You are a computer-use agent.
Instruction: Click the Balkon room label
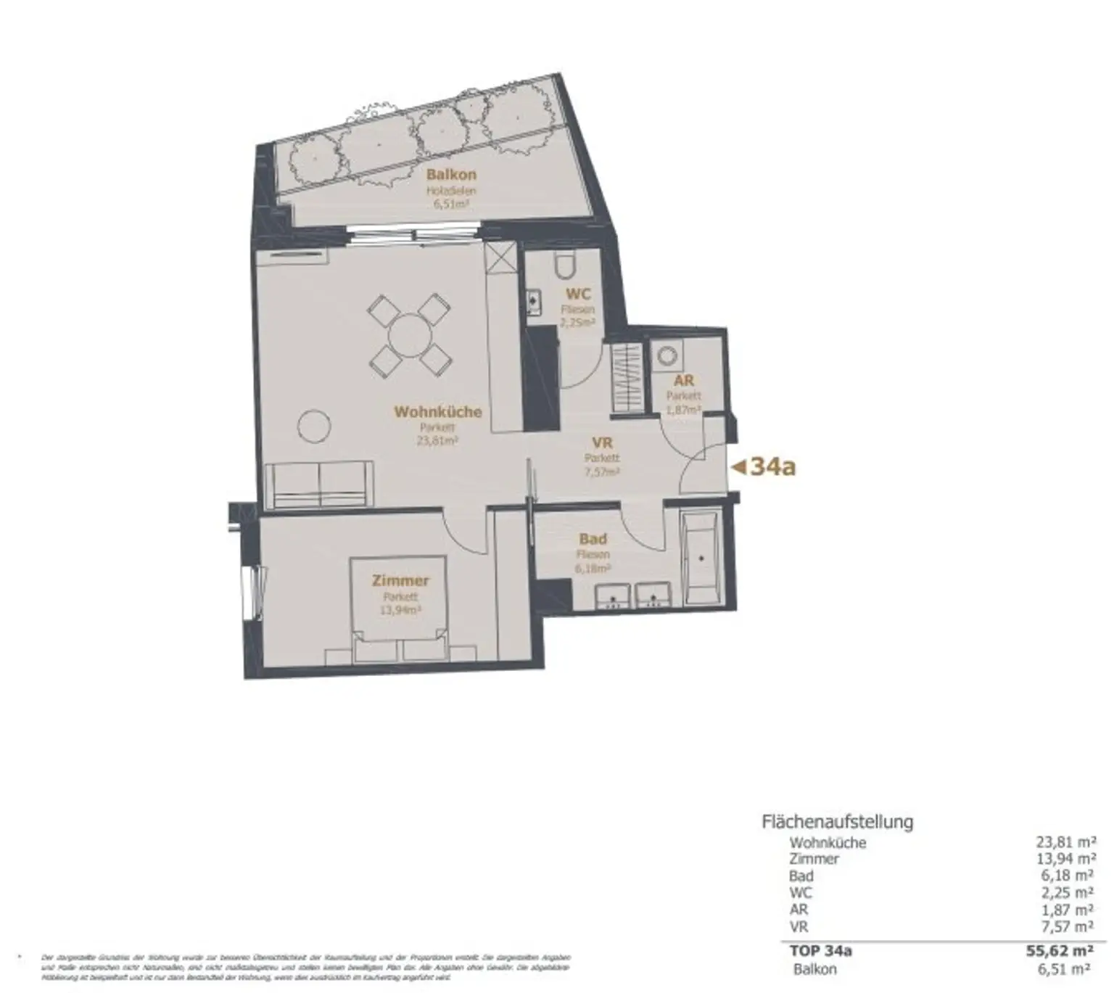pos(451,175)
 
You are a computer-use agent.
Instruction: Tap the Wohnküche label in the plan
pos(437,412)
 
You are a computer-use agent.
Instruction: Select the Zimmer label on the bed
pos(400,581)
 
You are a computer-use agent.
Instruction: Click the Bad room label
pos(593,539)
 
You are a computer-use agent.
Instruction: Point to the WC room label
pos(578,294)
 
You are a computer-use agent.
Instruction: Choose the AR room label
pos(683,381)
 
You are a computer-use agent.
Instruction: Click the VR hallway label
pos(602,443)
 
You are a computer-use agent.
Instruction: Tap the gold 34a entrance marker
pos(764,467)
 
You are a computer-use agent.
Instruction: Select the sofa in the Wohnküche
pos(319,485)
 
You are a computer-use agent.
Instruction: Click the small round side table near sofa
pos(315,426)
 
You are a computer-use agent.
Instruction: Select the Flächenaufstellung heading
pos(837,822)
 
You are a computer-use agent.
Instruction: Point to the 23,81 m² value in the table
pos(1065,842)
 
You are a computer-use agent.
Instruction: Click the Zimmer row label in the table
pos(814,859)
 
